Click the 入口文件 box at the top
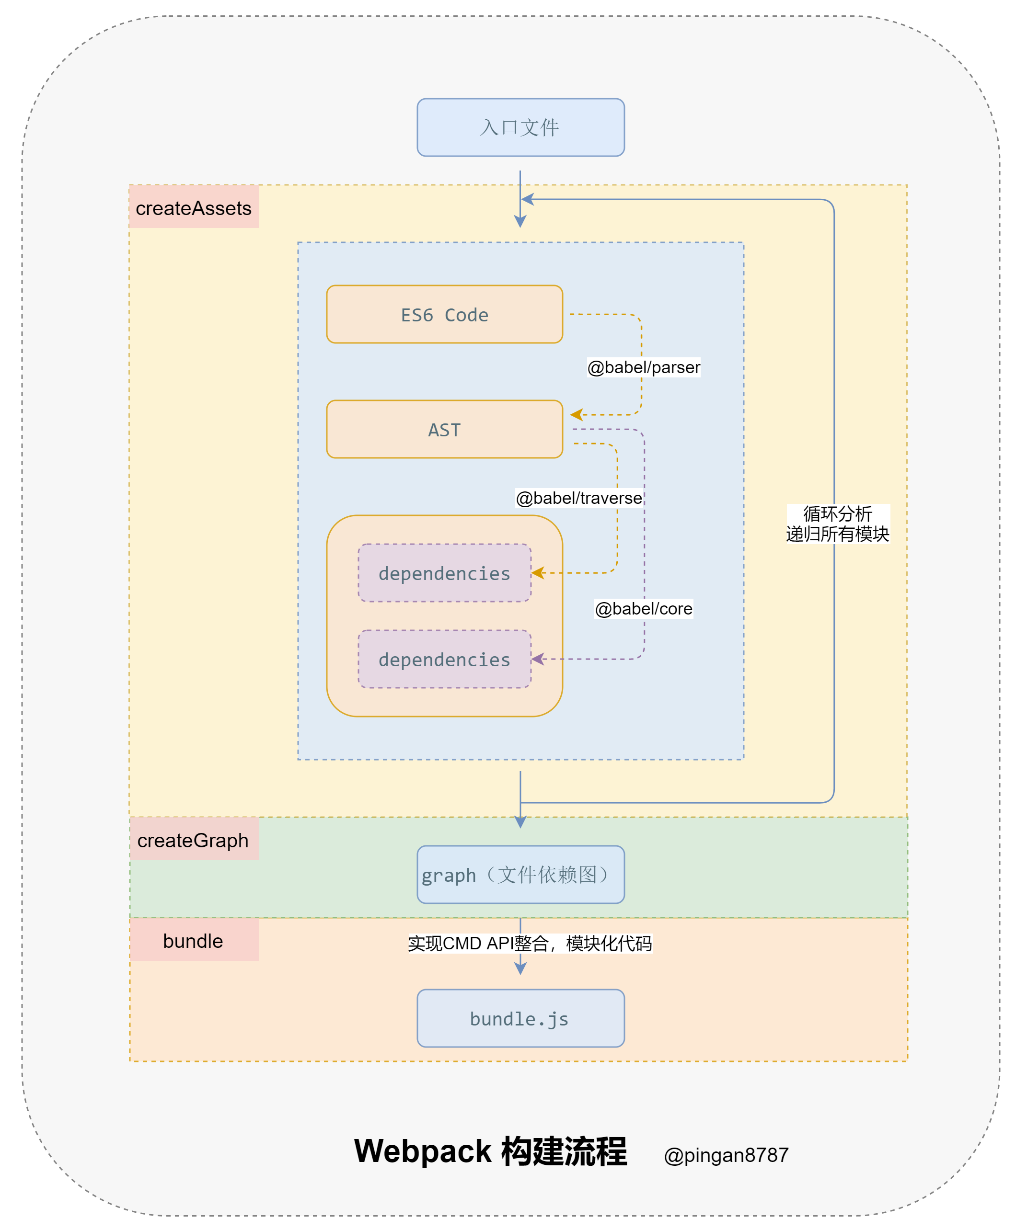[x=520, y=127]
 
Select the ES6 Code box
[x=444, y=315]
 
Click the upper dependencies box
[x=444, y=573]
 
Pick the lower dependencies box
[x=444, y=659]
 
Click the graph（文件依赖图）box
[x=520, y=875]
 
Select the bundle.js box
[x=520, y=1018]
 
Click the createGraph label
[x=194, y=840]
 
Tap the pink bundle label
[x=194, y=941]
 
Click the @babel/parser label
[x=644, y=367]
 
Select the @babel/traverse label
[x=579, y=498]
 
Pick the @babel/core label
[x=644, y=609]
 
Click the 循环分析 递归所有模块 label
[x=838, y=524]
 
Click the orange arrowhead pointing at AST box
[x=576, y=415]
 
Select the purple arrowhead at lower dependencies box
[x=537, y=659]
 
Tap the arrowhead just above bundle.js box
[x=520, y=968]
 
